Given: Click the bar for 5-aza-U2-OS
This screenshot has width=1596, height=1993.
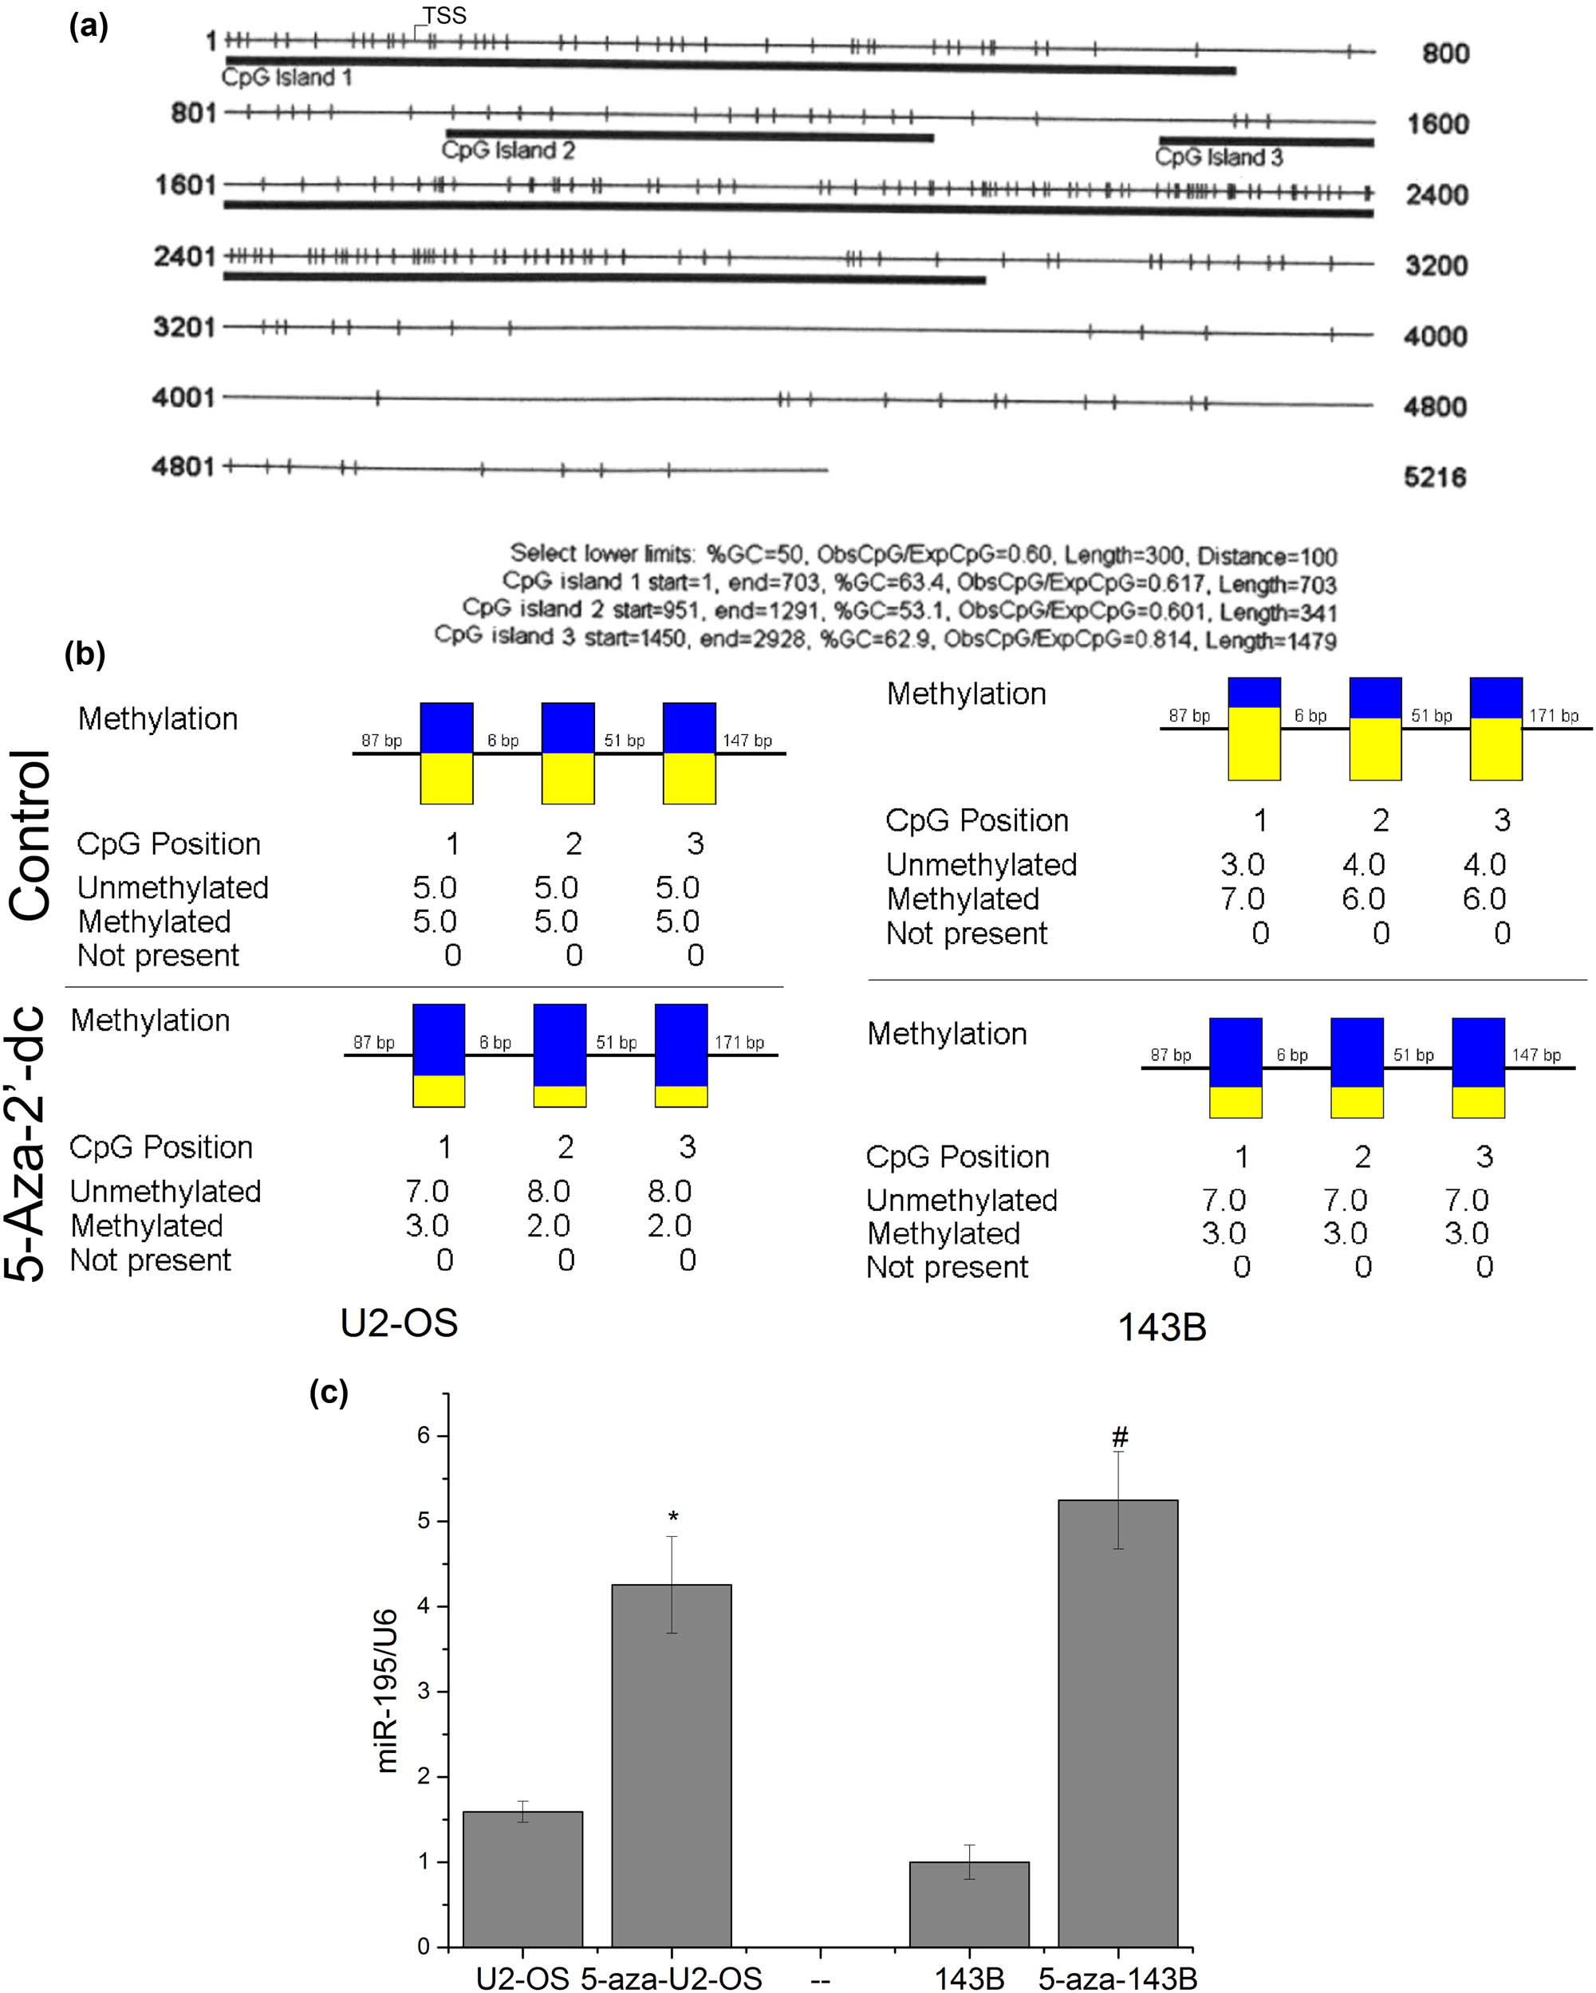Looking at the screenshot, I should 672,1766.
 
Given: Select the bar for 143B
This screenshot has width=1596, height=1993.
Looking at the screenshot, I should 969,1905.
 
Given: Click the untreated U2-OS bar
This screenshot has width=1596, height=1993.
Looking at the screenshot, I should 522,1879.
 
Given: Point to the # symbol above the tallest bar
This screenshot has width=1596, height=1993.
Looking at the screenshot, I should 1120,1437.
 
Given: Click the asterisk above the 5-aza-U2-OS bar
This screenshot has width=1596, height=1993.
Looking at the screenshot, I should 673,1518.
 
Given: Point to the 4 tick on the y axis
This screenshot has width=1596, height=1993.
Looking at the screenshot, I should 424,1606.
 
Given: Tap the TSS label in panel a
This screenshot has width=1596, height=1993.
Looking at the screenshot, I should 445,16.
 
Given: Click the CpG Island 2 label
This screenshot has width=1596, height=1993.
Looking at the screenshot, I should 507,150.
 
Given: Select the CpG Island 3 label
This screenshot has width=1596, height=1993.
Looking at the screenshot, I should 1219,157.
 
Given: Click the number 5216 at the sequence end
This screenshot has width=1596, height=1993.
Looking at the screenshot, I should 1435,477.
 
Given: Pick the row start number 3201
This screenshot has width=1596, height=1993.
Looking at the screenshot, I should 184,327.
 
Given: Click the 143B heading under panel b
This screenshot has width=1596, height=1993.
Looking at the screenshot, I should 1161,1327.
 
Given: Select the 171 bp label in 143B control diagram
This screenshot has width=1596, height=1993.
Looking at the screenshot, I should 1554,715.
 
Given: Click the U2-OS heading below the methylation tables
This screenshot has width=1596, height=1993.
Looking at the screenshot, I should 399,1323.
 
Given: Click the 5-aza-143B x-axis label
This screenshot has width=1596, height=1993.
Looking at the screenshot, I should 1117,1979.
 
